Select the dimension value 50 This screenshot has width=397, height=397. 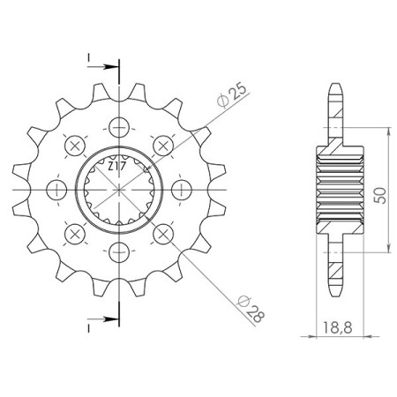[380, 196]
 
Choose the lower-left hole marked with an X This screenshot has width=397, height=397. [73, 234]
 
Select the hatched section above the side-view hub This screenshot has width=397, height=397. [340, 124]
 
